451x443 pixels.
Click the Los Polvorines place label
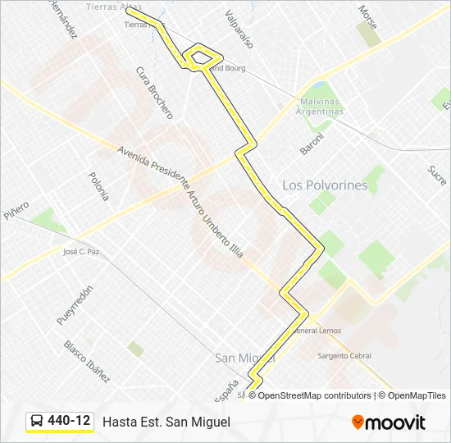[x=325, y=185]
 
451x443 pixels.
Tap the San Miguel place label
[x=244, y=358]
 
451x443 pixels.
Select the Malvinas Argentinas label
[x=321, y=107]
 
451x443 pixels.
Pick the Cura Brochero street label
[x=154, y=93]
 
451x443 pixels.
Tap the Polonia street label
[x=98, y=186]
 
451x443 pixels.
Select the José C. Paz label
[x=81, y=252]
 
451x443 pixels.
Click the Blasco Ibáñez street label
[x=87, y=362]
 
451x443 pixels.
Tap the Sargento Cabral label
[x=344, y=356]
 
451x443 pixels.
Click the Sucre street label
[x=436, y=175]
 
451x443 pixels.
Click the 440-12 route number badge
[x=69, y=421]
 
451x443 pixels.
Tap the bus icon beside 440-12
[x=38, y=421]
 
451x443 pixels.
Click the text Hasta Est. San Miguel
[x=166, y=422]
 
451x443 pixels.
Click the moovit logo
[x=389, y=422]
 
